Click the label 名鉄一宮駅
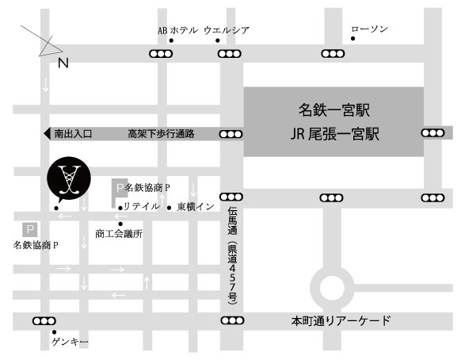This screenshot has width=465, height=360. click(x=334, y=107)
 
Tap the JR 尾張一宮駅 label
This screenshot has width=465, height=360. click(x=334, y=133)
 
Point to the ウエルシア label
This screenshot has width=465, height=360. click(x=227, y=30)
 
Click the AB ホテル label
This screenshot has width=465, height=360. click(x=176, y=30)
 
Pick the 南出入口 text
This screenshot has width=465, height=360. click(x=73, y=135)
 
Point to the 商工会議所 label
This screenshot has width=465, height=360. click(x=118, y=234)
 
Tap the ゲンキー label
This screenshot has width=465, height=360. click(x=71, y=342)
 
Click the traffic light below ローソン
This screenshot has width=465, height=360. click(x=333, y=54)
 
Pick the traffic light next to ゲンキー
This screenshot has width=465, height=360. click(x=42, y=321)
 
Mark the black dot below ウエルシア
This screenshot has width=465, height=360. click(x=219, y=40)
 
